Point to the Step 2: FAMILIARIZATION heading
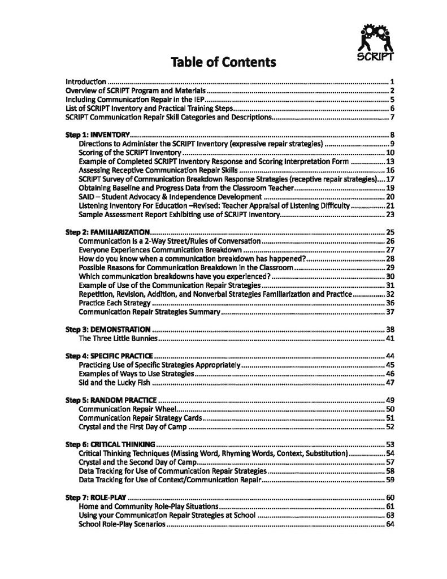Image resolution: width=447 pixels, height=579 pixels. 108,232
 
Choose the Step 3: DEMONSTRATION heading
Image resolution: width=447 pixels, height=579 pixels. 108,329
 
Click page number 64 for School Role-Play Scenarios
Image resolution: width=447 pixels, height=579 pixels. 389,524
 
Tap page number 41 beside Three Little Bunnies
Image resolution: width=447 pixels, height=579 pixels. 389,339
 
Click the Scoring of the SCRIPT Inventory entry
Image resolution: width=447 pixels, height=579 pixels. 129,153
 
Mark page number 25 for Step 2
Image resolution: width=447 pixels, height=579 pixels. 389,232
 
